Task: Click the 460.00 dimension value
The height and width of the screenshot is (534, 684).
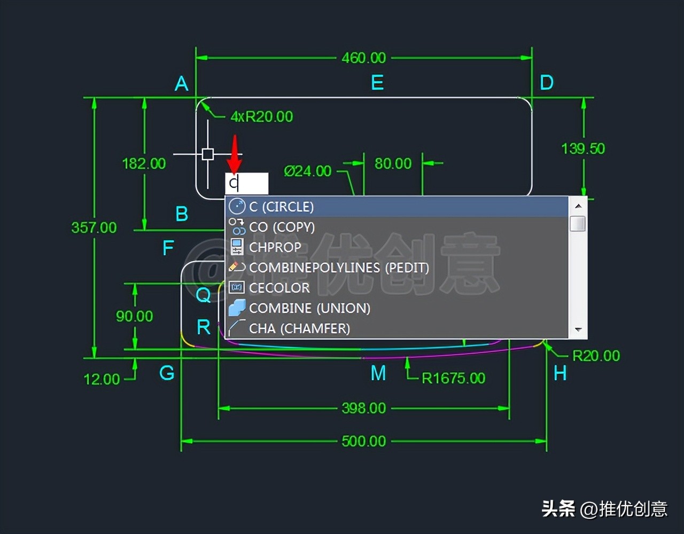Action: pyautogui.click(x=363, y=58)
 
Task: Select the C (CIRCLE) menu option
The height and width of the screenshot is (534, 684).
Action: pyautogui.click(x=281, y=207)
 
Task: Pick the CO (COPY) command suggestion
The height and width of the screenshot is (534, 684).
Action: pyautogui.click(x=282, y=227)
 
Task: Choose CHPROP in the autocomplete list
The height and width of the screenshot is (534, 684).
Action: pyautogui.click(x=275, y=247)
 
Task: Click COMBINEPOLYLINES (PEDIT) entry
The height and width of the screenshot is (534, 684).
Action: pyautogui.click(x=339, y=268)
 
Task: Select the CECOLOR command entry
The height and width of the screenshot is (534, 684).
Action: pyautogui.click(x=279, y=288)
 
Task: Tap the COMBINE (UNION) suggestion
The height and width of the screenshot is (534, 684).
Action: pyautogui.click(x=309, y=308)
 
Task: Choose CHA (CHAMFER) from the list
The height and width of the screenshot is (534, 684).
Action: pyautogui.click(x=299, y=328)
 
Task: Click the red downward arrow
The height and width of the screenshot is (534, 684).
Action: pyautogui.click(x=234, y=154)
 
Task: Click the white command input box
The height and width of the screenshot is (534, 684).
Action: pyautogui.click(x=246, y=184)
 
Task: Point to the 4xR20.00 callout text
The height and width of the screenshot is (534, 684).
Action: pyautogui.click(x=261, y=116)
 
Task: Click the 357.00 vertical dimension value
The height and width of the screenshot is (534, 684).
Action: pyautogui.click(x=94, y=227)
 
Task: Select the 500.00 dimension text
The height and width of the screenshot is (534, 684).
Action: pyautogui.click(x=363, y=441)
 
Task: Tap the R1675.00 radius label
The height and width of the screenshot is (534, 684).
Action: pyautogui.click(x=453, y=378)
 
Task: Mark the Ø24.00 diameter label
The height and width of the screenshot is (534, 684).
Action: pyautogui.click(x=307, y=171)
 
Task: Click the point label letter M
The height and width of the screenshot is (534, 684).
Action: pyautogui.click(x=378, y=373)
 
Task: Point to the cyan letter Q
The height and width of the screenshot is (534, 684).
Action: pyautogui.click(x=203, y=294)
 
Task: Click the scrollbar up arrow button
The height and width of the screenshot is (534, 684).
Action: pyautogui.click(x=578, y=206)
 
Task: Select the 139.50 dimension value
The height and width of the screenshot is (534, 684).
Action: pyautogui.click(x=583, y=148)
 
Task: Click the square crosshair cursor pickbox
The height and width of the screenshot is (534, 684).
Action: pyautogui.click(x=208, y=154)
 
